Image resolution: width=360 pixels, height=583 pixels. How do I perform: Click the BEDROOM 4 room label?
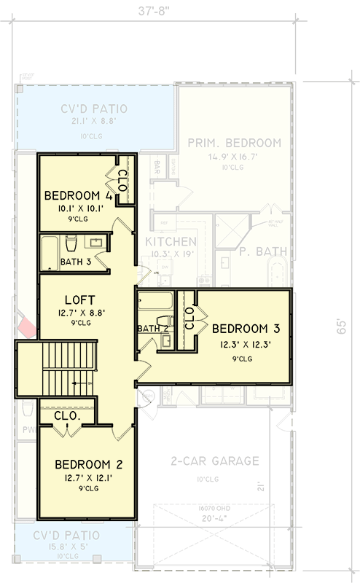coord(78,195)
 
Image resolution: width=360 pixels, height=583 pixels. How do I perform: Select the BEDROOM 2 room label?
coord(88,464)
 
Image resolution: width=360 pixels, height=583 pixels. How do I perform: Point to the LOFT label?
coord(77,299)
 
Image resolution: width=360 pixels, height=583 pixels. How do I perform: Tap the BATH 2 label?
coord(152,329)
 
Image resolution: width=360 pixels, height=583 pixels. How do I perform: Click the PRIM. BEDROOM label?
coord(234,143)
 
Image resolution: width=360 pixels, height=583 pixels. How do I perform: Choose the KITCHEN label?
coord(170,241)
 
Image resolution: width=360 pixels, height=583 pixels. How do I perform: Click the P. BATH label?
coord(263,253)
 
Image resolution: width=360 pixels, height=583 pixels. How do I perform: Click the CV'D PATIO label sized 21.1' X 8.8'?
coord(94,109)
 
